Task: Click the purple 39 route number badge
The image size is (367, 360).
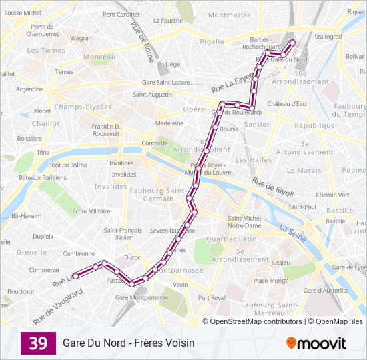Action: (x=38, y=343)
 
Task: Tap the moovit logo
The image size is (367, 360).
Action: (x=316, y=343)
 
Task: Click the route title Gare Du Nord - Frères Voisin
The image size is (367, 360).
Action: (x=129, y=343)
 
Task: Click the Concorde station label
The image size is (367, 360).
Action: (x=155, y=143)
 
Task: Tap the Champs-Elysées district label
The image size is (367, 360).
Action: (x=83, y=107)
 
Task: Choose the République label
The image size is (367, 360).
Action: (x=314, y=125)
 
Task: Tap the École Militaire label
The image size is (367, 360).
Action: (x=91, y=211)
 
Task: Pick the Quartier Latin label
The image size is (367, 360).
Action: (x=231, y=239)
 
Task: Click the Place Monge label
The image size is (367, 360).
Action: (x=270, y=281)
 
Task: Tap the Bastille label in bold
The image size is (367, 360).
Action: (x=339, y=211)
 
